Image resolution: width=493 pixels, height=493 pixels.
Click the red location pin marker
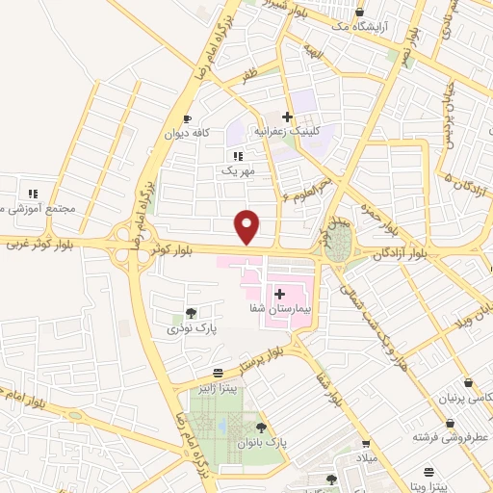coord(248,225)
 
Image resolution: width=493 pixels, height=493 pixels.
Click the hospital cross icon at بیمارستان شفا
coord(280,293)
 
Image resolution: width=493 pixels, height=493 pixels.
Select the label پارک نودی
coord(189,329)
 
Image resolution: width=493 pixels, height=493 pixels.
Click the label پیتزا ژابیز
coord(219,390)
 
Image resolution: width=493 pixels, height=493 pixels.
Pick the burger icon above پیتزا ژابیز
coord(219,373)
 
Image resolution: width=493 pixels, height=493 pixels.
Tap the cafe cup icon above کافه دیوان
coord(187,117)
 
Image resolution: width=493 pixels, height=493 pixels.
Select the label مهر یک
coord(237,171)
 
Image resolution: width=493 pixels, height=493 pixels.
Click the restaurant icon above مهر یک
coord(237,155)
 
